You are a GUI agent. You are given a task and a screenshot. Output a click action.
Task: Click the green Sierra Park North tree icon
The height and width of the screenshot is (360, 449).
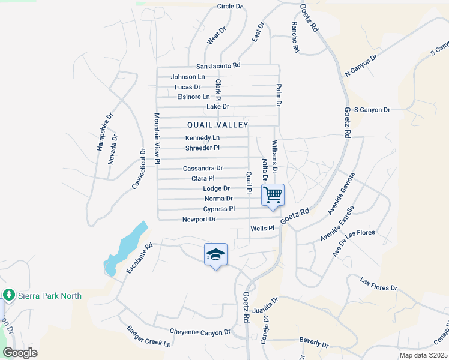[8, 295]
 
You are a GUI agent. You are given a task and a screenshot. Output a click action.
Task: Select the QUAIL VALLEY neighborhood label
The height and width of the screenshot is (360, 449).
[217, 125]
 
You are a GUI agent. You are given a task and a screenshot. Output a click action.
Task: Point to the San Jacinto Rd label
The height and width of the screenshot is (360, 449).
[218, 65]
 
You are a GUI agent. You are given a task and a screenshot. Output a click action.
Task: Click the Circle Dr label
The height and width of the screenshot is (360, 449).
[229, 7]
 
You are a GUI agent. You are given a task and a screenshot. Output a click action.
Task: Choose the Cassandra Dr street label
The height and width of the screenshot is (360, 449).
[203, 169]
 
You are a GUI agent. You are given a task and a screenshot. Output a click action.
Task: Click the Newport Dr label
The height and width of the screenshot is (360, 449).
[199, 220]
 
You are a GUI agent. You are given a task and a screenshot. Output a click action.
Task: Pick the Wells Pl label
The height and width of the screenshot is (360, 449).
[262, 228]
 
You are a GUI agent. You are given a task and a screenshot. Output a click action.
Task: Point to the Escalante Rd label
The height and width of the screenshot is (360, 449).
[140, 259]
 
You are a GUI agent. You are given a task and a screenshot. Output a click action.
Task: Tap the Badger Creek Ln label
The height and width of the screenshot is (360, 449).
[149, 337]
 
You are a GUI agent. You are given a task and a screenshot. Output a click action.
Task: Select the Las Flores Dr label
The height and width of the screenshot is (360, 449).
[379, 284]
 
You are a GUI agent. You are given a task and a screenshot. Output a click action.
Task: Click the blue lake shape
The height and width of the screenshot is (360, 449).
[126, 248]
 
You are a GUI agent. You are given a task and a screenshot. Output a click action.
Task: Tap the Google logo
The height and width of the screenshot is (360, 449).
[20, 353]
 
